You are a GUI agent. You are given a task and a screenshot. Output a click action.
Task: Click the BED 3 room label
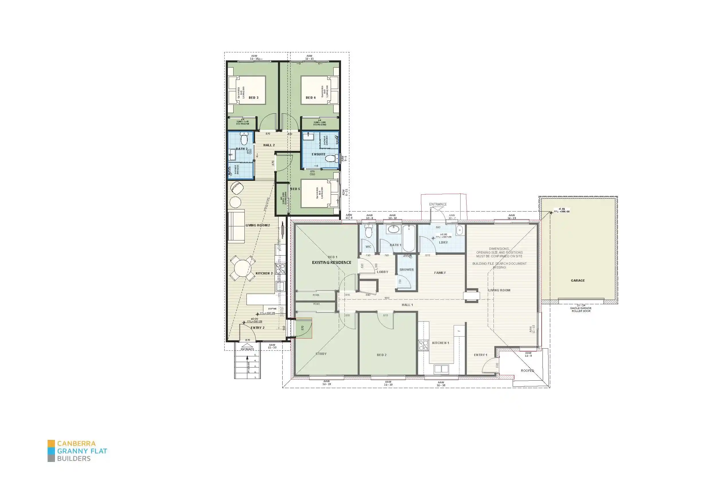[x=253, y=98]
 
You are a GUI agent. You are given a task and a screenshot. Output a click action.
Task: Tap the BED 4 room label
[x=311, y=98]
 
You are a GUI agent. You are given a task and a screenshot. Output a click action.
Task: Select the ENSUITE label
[x=318, y=154]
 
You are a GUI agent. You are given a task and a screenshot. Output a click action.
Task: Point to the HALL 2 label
[x=269, y=145]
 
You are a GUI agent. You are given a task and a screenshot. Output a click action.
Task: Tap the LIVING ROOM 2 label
[x=258, y=226]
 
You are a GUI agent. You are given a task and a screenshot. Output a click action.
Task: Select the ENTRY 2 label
[x=257, y=328]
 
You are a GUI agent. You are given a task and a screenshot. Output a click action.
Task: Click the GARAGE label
[x=577, y=281]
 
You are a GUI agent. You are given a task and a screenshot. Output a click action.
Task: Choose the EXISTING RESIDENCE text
[x=331, y=263]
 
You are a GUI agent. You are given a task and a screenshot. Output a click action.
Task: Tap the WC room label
[x=368, y=247]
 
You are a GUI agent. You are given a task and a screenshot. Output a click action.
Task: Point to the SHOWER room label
[x=406, y=270]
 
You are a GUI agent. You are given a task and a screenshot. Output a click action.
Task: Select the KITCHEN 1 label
[x=440, y=343]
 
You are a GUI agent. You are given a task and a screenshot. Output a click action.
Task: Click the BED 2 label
[x=381, y=355]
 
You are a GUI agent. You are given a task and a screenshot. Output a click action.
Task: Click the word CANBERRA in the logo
[x=76, y=444]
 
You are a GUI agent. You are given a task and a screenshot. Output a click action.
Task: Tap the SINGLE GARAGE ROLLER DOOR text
[x=581, y=310]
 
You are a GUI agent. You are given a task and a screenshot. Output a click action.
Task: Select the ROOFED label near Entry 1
[x=527, y=371]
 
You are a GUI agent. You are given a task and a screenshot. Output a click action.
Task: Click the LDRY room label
[x=443, y=243]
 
